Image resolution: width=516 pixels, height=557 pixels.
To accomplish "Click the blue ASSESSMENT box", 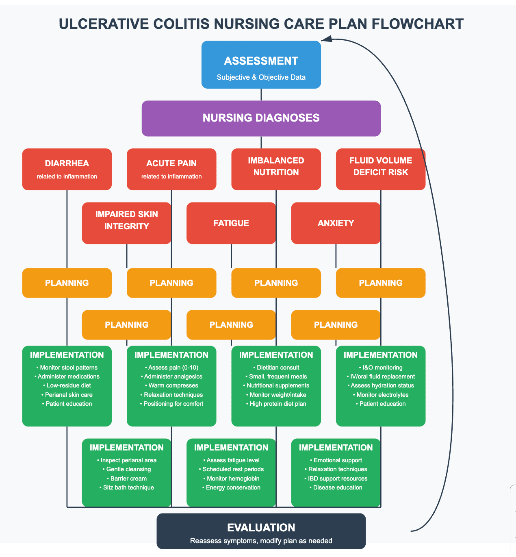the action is click(261, 65).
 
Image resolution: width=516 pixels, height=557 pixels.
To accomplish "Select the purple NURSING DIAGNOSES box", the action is click(261, 118).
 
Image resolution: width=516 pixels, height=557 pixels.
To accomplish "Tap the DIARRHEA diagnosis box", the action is click(67, 169).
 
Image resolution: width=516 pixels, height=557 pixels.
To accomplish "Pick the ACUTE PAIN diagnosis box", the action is click(171, 169).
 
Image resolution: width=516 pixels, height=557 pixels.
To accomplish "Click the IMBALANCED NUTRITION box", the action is click(276, 169).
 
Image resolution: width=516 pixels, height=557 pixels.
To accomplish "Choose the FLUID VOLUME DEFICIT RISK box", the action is click(381, 169).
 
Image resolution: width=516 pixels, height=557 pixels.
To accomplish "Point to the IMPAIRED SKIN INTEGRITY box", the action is click(126, 223).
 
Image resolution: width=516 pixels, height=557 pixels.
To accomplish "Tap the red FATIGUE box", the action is click(231, 223).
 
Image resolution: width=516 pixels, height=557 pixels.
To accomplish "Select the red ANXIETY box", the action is click(336, 223).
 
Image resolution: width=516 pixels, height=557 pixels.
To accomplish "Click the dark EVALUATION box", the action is click(261, 531).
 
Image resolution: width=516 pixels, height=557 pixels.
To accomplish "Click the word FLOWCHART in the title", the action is click(418, 24).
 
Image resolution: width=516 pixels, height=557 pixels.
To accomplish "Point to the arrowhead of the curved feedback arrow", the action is click(325, 39).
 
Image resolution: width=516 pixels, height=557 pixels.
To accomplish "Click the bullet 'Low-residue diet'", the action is click(67, 385).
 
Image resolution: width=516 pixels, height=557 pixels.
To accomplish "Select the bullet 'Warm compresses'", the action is click(171, 385).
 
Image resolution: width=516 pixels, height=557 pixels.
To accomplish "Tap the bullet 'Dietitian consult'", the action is click(276, 368).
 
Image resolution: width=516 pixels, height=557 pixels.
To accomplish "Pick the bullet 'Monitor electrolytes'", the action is click(381, 395).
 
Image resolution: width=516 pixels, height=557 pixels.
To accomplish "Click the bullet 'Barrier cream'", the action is click(127, 479).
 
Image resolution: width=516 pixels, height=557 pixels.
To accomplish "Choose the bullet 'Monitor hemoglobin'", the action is click(231, 479).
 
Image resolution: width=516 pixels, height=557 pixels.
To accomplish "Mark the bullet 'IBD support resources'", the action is click(336, 479).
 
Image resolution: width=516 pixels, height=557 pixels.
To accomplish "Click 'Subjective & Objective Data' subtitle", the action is click(261, 77).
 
